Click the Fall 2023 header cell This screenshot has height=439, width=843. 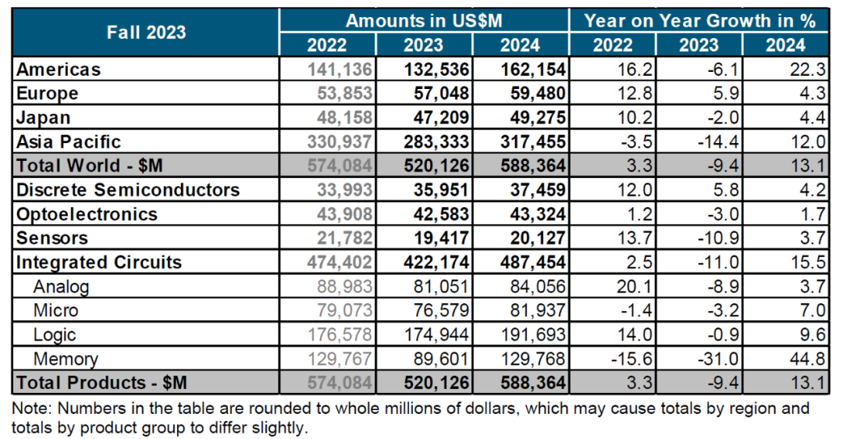(x=146, y=32)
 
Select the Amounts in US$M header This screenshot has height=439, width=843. (x=423, y=21)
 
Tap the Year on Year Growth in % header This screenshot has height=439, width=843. (x=699, y=21)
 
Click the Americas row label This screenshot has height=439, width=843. (x=59, y=69)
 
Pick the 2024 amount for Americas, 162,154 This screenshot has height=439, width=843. (x=533, y=69)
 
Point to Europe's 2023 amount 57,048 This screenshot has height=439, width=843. (x=437, y=93)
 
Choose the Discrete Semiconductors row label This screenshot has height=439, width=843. (x=128, y=190)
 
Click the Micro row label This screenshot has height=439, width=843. (x=55, y=311)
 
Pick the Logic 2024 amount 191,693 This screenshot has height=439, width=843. (x=533, y=335)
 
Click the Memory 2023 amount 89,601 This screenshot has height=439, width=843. (x=443, y=359)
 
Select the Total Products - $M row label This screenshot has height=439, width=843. (x=101, y=384)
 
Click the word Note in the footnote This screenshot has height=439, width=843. (x=28, y=409)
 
